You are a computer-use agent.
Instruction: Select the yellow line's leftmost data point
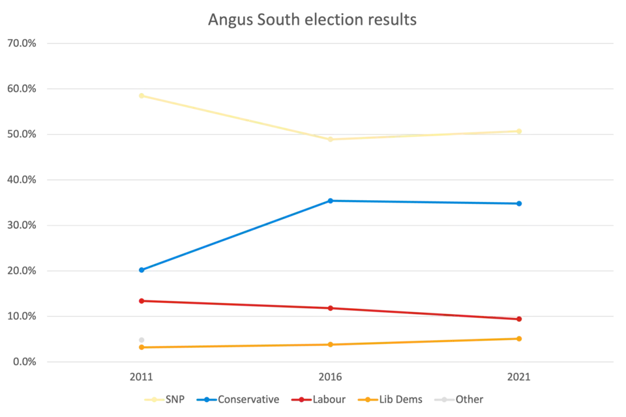(141, 96)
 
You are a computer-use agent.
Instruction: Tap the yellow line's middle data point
(330, 139)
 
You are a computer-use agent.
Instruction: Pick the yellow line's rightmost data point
(520, 130)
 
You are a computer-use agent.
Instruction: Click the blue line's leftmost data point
(141, 270)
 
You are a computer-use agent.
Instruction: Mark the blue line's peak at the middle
(331, 199)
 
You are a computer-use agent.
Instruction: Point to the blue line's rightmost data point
(520, 204)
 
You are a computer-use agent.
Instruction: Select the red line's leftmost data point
(141, 301)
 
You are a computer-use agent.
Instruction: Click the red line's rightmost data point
(520, 319)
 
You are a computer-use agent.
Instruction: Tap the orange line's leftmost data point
(141, 347)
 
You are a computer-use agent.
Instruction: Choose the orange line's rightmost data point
(520, 338)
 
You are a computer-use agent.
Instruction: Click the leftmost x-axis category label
(141, 377)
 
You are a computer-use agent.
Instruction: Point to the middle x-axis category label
(331, 377)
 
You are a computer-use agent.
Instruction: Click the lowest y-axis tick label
(22, 362)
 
